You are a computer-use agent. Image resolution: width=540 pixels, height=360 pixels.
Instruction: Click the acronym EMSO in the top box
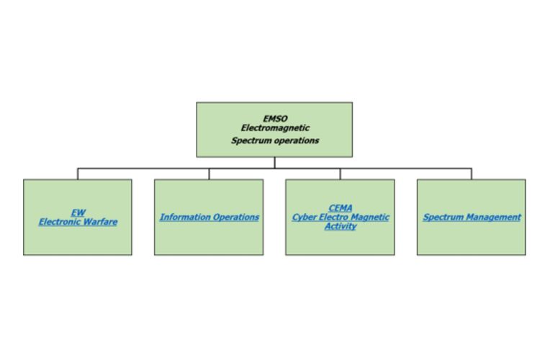coord(274,119)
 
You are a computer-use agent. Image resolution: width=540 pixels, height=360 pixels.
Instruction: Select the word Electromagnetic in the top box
coord(275,128)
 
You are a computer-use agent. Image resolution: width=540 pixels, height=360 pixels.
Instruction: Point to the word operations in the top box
coord(296,140)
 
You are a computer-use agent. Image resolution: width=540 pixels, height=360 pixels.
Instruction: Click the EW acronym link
coord(78,212)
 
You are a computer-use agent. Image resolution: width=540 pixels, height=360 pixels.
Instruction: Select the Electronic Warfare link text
coord(78,222)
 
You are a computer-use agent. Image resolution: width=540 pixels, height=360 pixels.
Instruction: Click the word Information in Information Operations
coord(183,217)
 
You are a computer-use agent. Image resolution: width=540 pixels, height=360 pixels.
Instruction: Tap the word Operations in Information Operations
coord(233,217)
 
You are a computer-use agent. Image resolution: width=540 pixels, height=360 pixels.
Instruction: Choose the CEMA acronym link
coord(340,208)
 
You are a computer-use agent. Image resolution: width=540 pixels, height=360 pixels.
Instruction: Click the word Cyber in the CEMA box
coord(305,217)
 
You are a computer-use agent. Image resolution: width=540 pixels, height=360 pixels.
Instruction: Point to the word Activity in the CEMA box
coord(340,226)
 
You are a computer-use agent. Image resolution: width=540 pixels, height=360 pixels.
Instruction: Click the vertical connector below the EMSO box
coord(274,163)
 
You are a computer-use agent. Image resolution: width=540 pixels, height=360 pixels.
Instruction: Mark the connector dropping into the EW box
coord(78,174)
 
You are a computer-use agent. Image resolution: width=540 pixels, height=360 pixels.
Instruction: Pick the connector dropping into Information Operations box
coord(209,174)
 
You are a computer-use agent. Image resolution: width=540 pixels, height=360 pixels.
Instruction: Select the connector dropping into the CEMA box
coord(340,174)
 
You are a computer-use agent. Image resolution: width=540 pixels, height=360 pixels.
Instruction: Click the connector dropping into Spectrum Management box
coord(472,174)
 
